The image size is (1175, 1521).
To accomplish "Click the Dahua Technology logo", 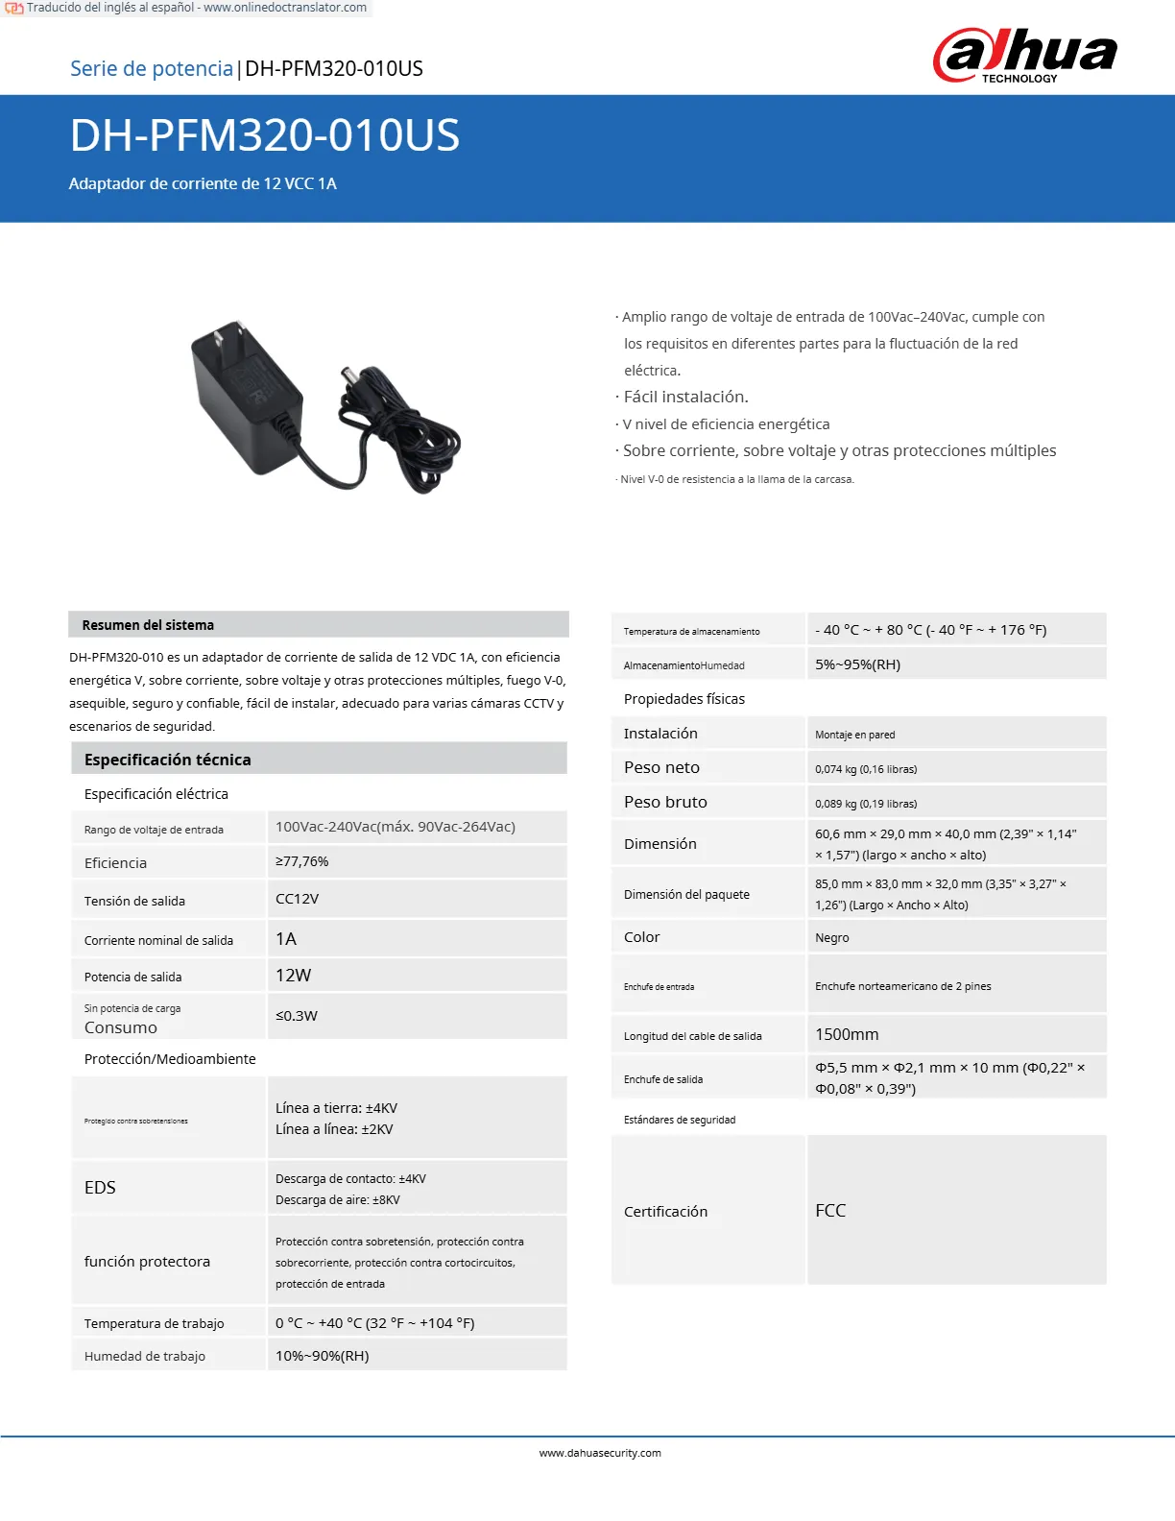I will click(1024, 56).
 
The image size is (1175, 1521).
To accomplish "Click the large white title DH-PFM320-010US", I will click(265, 135).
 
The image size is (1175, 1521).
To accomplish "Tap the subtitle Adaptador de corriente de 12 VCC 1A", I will click(203, 183).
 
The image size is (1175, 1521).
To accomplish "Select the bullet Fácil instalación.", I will click(685, 397).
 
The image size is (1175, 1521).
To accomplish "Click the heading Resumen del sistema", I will click(148, 625).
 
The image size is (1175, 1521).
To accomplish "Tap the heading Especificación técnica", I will click(167, 760).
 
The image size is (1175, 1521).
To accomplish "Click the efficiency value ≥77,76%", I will click(302, 861).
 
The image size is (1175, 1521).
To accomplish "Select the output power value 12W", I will click(294, 975).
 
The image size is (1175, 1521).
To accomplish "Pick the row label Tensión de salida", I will click(134, 901).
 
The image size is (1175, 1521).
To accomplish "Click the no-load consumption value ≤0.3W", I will click(297, 1015).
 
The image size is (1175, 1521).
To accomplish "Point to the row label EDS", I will click(100, 1188).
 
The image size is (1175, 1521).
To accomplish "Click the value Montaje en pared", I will click(854, 735).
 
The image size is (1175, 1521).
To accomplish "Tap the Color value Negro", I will click(832, 937).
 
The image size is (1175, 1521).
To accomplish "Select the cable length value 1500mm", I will click(847, 1034).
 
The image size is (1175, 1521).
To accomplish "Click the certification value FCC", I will click(830, 1210).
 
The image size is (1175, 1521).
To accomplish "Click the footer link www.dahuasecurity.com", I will click(600, 1453).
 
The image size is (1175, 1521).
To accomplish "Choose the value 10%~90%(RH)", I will click(323, 1356).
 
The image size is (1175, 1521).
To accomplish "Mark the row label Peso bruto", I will click(665, 802).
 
